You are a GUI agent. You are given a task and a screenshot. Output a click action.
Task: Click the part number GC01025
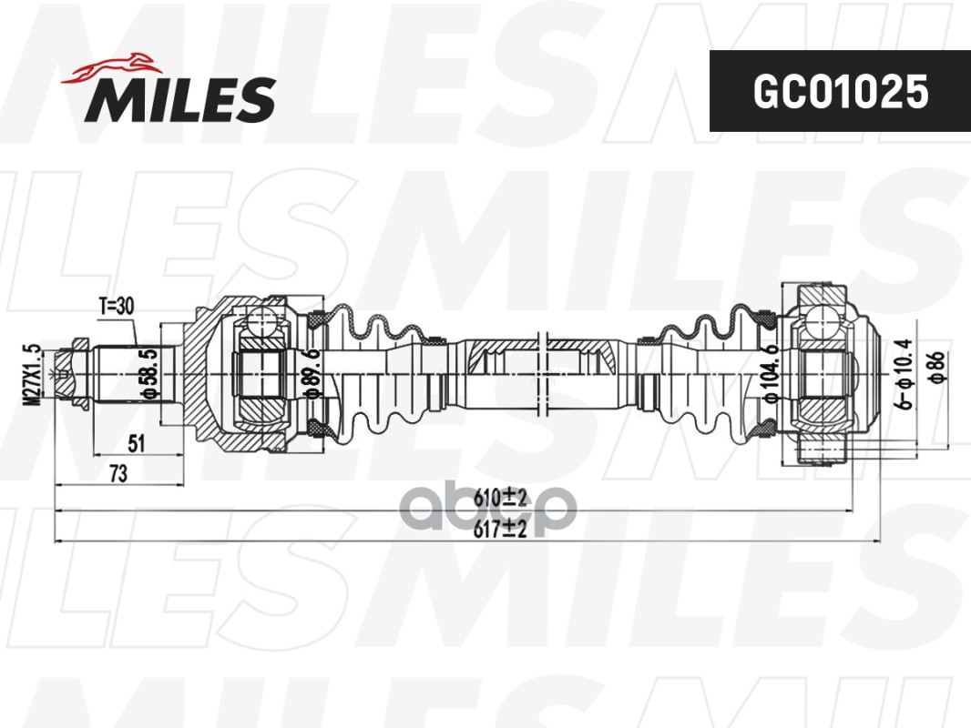pos(839,91)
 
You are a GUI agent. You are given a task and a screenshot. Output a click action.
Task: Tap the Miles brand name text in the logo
pos(180,98)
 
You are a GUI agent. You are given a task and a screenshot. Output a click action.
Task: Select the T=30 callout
pos(116,307)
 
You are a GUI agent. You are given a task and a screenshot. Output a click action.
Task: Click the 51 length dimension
pos(137,444)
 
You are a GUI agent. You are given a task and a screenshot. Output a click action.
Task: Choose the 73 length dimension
pos(118,473)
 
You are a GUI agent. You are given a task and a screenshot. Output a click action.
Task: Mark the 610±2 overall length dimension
pos(501,498)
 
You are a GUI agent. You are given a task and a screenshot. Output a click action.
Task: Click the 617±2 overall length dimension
pos(501,530)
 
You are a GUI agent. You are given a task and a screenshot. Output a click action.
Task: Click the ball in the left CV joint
pos(261,323)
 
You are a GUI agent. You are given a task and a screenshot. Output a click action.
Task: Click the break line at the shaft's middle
pos(543,373)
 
